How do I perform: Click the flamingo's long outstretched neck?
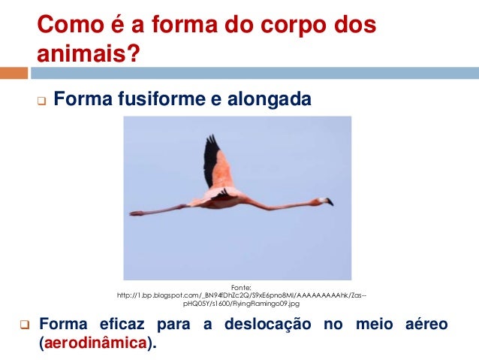click(x=285, y=204)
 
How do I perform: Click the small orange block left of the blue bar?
click(x=14, y=73)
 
